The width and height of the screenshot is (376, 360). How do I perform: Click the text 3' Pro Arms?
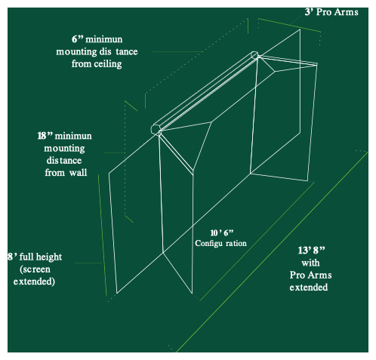tap(331, 12)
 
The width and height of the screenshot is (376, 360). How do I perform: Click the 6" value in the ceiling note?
tap(77, 39)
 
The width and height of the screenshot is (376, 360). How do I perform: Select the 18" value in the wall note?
tap(45, 136)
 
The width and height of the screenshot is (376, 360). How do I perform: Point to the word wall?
tap(78, 173)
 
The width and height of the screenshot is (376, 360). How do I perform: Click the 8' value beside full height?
tap(12, 257)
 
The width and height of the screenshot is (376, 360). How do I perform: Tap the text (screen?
tap(35, 269)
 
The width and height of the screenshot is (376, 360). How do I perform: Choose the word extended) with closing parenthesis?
tap(34, 282)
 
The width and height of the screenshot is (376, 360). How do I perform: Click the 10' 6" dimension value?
tap(222, 233)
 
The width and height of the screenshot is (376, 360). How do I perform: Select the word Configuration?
tap(220, 243)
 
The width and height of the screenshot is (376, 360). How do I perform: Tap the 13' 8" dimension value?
tap(311, 251)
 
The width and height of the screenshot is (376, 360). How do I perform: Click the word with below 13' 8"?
tap(310, 263)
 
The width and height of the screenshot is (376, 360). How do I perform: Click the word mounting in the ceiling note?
tap(76, 52)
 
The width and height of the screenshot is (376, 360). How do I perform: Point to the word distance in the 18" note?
tap(64, 161)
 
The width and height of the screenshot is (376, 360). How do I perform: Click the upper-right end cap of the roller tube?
tap(254, 55)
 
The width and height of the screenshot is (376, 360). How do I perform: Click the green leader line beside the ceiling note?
tap(177, 51)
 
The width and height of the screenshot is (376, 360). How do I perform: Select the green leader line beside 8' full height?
tap(88, 263)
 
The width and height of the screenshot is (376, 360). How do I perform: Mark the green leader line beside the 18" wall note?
tap(114, 152)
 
